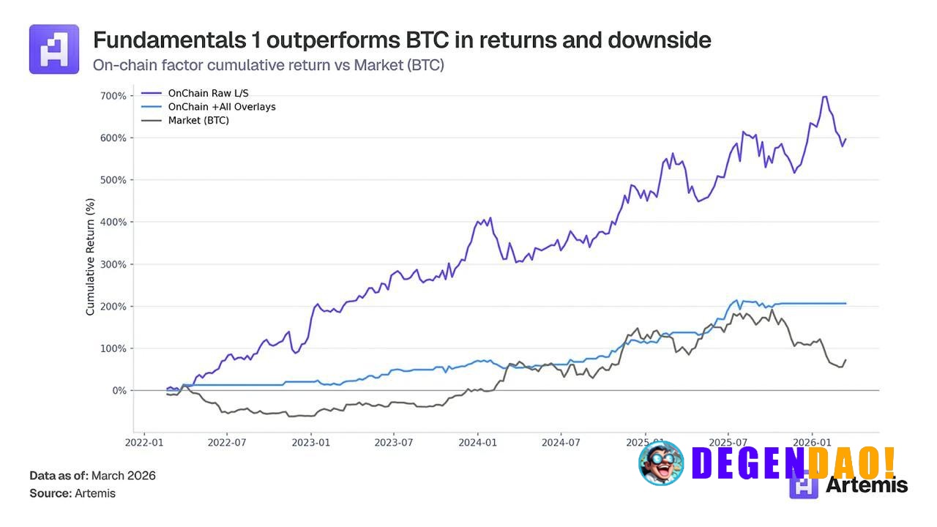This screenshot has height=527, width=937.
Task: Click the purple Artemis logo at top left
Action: [54, 49]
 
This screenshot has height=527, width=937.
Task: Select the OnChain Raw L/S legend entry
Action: [209, 93]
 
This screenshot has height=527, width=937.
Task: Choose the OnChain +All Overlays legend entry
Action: [221, 107]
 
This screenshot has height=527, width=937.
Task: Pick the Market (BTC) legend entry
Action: [198, 120]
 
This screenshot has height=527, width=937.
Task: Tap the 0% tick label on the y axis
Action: [119, 391]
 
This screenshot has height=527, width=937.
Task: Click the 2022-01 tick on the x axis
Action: [144, 443]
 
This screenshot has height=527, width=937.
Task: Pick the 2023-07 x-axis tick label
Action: [395, 443]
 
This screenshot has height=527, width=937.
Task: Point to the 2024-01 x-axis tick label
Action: [478, 443]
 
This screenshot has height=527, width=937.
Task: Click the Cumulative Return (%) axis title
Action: [91, 256]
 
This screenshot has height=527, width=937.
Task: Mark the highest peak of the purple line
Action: [825, 96]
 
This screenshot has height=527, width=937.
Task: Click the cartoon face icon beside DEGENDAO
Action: [661, 463]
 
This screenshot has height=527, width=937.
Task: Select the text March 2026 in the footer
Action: [123, 476]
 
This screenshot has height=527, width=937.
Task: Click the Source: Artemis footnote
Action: [72, 493]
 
